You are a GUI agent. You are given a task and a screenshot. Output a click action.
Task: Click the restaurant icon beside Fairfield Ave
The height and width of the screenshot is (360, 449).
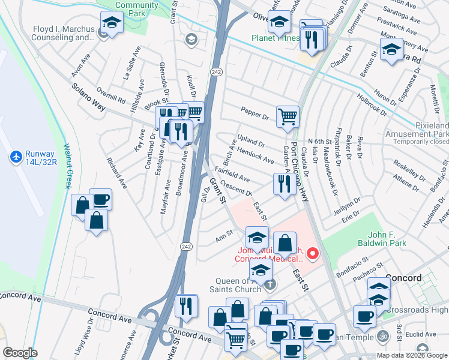282,183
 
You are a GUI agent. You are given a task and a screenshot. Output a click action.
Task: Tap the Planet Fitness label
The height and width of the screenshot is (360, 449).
275,38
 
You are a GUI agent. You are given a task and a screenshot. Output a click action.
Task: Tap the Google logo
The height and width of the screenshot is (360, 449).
20,352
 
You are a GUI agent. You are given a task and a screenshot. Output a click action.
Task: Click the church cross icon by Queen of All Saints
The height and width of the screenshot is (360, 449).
270,284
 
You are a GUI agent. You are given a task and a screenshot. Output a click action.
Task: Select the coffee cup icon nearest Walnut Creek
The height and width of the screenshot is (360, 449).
100,199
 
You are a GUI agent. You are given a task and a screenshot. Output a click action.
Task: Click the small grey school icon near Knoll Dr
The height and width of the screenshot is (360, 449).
191,40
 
